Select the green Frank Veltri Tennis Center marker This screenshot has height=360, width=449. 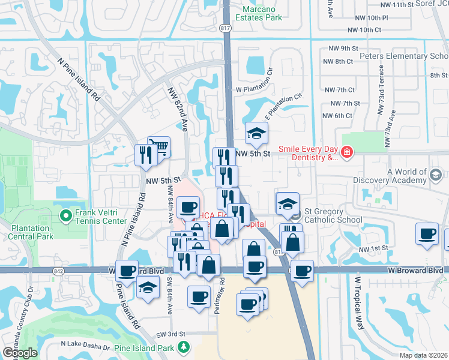click(65, 214)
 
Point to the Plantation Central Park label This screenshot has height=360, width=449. click(34, 232)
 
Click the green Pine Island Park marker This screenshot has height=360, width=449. click(184, 347)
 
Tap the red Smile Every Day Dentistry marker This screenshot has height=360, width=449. click(346, 154)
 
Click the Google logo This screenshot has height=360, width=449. click(20, 352)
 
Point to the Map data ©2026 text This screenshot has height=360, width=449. click(423, 355)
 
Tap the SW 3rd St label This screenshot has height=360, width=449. click(169, 334)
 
